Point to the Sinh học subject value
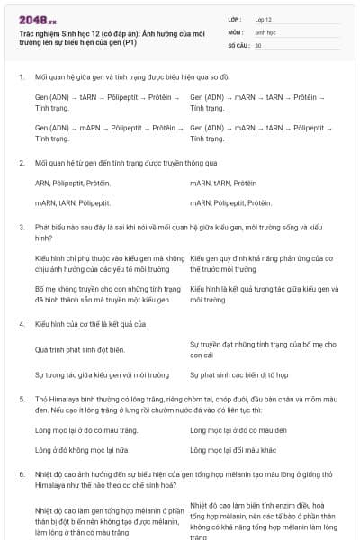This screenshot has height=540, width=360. (x=265, y=31)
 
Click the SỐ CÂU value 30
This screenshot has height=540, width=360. (x=258, y=44)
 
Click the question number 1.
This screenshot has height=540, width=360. (x=21, y=76)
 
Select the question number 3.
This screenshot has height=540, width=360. (x=21, y=229)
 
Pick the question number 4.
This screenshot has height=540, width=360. (x=21, y=323)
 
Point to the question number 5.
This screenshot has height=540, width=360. (x=21, y=398)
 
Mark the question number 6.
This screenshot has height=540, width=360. (x=21, y=472)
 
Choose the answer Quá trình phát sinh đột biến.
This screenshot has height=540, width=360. (x=79, y=348)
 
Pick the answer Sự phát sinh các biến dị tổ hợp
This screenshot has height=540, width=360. (x=238, y=374)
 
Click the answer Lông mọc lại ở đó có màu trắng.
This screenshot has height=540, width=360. (x=80, y=430)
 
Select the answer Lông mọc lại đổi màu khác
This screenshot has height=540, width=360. (x=238, y=449)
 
